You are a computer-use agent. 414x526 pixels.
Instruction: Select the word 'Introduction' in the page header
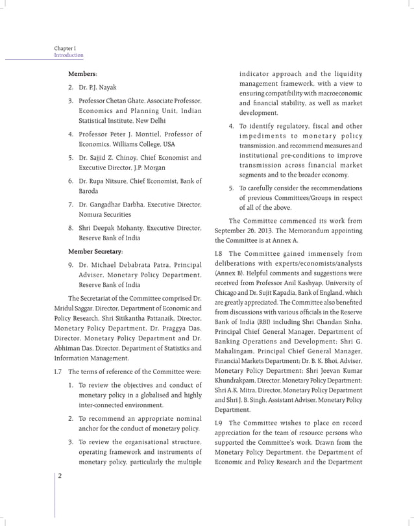69,56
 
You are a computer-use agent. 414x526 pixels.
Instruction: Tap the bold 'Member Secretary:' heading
95,251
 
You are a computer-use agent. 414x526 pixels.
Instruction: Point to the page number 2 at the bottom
60,476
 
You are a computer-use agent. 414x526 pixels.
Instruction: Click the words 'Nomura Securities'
104,214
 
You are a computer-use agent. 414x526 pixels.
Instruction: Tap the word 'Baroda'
90,191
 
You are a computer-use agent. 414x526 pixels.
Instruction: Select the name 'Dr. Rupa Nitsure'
104,181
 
